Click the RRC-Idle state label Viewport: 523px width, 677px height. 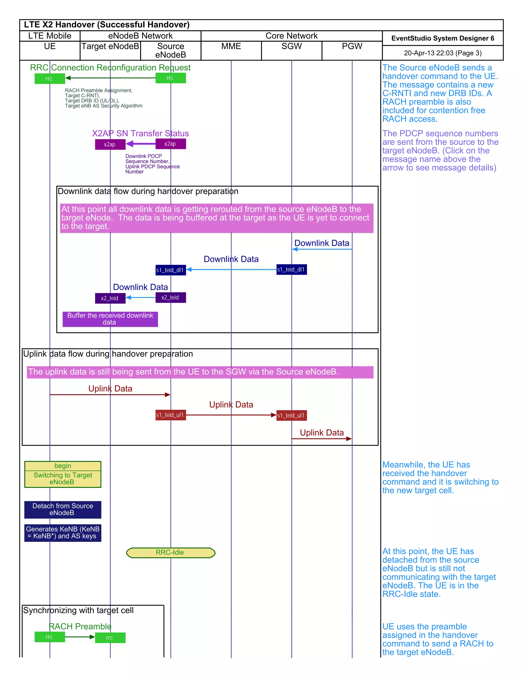(170, 552)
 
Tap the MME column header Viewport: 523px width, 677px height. (231, 46)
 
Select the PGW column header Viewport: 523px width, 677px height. (352, 46)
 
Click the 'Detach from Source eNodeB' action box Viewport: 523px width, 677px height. (63, 509)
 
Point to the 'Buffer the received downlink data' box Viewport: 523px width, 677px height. (110, 319)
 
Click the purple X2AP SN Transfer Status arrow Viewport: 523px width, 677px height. (141, 144)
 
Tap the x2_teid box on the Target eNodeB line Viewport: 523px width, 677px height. (110, 298)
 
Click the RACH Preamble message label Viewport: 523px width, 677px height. (80, 626)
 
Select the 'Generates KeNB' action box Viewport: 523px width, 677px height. (63, 533)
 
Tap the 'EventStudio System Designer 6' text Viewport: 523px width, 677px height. (443, 38)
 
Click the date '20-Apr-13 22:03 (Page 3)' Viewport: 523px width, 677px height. (443, 53)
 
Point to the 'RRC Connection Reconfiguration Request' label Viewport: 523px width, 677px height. (110, 68)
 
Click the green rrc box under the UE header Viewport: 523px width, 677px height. (50, 78)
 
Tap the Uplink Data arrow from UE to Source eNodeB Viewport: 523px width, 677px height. (110, 395)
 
